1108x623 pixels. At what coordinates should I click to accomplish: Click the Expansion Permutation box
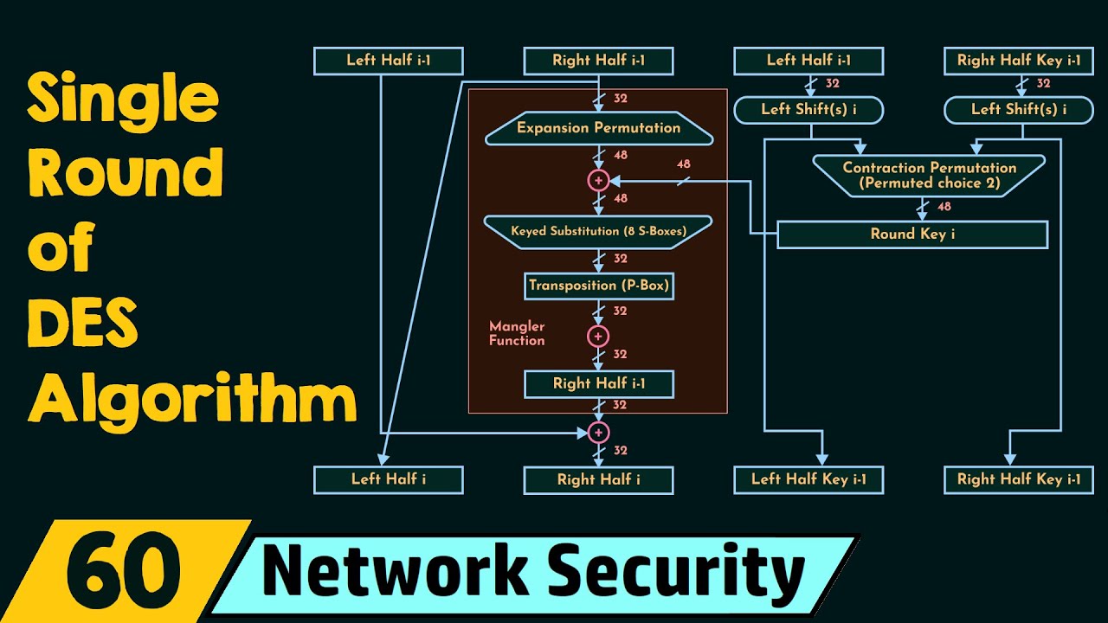[x=599, y=128]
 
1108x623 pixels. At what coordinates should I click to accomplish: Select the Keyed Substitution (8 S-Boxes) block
[x=598, y=231]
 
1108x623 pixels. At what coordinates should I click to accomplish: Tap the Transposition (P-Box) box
[x=599, y=285]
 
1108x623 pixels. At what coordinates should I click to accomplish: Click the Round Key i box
[x=912, y=234]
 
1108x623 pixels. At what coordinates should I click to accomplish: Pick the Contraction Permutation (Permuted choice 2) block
[x=929, y=174]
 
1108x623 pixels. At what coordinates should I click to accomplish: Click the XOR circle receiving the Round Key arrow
[x=598, y=180]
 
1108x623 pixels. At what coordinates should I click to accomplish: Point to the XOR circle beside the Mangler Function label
[x=598, y=336]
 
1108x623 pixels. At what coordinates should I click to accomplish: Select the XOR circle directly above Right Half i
[x=598, y=433]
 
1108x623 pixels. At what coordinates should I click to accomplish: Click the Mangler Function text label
[x=517, y=334]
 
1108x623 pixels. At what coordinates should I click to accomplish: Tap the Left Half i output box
[x=388, y=479]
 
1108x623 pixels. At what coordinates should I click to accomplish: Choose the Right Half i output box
[x=598, y=479]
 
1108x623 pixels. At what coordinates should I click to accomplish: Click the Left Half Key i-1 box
[x=808, y=479]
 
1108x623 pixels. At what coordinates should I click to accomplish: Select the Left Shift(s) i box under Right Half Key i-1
[x=1018, y=110]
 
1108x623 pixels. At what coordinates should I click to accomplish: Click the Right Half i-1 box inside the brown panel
[x=599, y=383]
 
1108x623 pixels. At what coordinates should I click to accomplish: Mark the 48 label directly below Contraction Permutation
[x=944, y=207]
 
